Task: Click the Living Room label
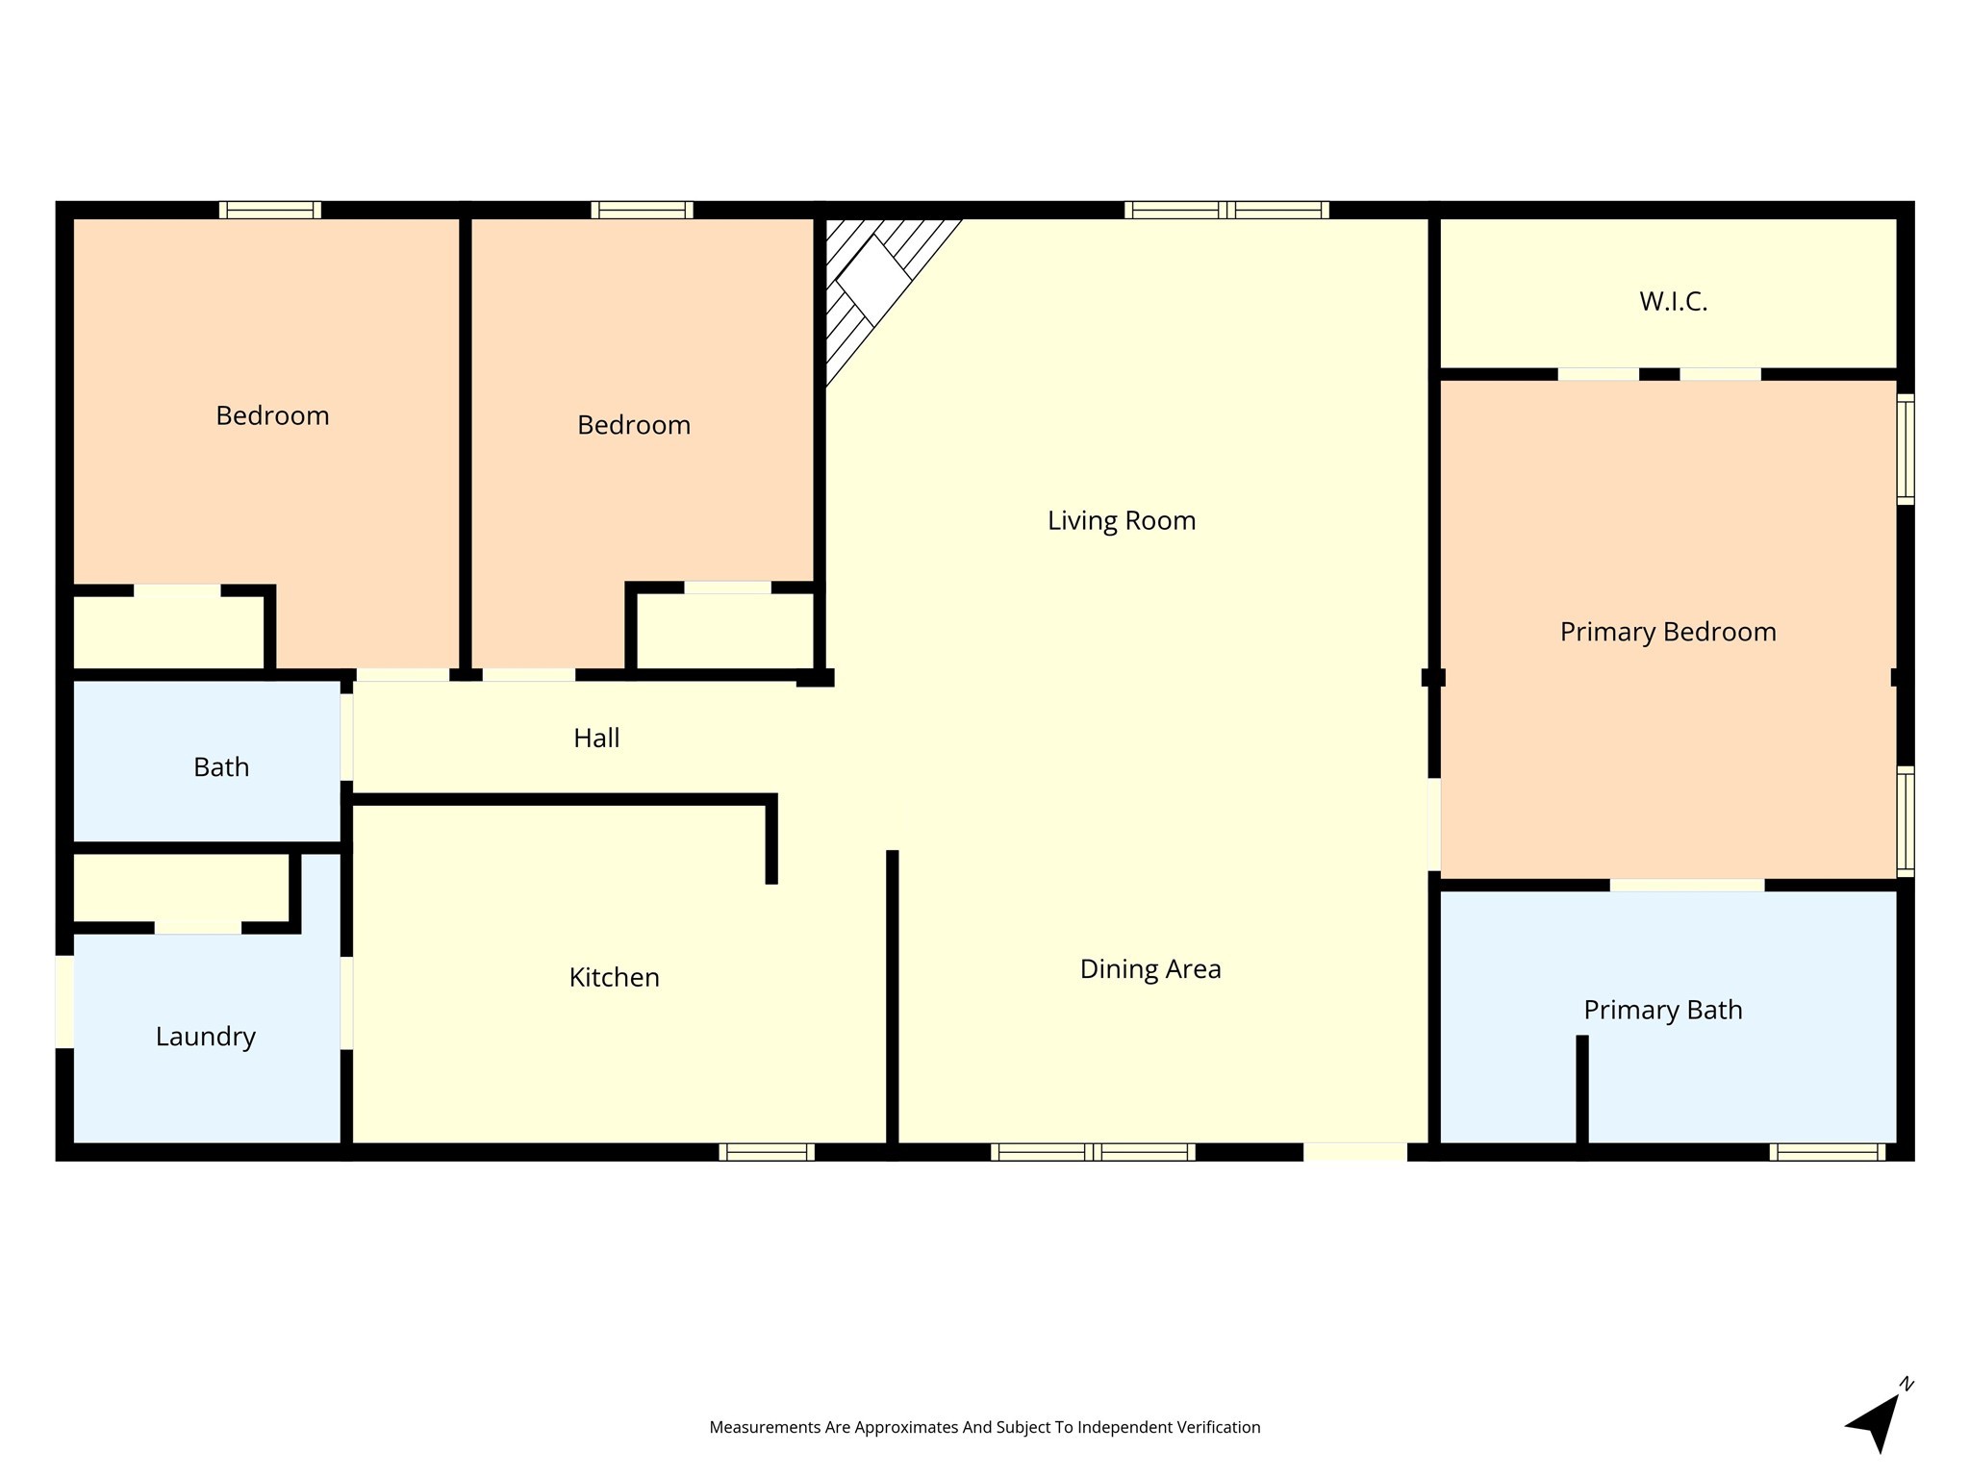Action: (1122, 520)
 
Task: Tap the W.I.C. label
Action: (1673, 301)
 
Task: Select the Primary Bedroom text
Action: (1667, 632)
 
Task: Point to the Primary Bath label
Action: (1662, 1010)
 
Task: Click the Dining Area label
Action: (1150, 968)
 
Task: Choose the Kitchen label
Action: (614, 977)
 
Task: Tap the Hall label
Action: (596, 738)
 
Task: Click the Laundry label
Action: (205, 1036)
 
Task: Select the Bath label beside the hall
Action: (221, 766)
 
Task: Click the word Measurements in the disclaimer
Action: (765, 1427)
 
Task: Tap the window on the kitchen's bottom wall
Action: (767, 1152)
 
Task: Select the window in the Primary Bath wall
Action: (1827, 1152)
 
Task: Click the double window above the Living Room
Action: (1226, 210)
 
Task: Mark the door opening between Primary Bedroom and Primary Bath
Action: (1687, 885)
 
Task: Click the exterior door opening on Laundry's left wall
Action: (64, 1001)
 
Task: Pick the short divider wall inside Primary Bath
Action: (1581, 1091)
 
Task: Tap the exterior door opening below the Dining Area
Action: (1354, 1152)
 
